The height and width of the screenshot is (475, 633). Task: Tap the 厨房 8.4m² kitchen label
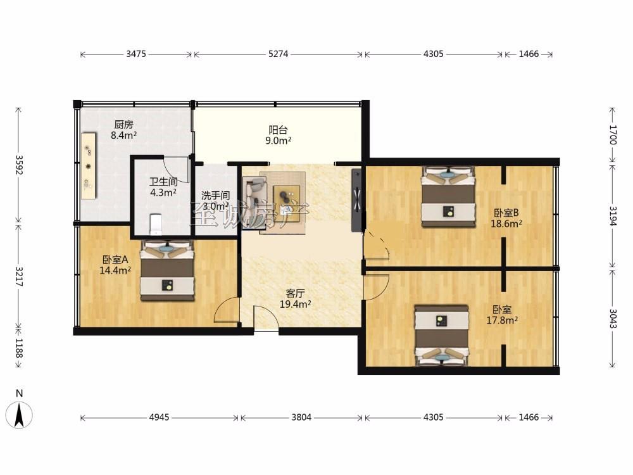pos(123,130)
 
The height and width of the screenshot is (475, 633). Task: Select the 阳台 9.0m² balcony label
pos(279,136)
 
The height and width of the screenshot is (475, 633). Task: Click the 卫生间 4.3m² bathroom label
pos(163,187)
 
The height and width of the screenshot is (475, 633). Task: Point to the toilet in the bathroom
pos(156,224)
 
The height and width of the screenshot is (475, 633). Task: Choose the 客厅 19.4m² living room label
pos(295,299)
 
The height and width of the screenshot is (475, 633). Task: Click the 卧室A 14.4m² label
pos(115,265)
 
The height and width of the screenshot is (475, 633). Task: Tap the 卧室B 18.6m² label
pos(506,218)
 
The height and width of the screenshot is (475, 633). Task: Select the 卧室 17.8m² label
pos(502,315)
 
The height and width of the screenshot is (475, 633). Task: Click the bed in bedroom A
pos(167,270)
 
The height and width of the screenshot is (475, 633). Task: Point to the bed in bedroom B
pos(448,197)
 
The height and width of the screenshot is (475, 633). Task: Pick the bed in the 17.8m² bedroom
pos(442,336)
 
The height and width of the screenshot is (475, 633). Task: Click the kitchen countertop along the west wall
pos(89,165)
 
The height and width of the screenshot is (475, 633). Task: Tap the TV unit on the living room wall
pos(356,200)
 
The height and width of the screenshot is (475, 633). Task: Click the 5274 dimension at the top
pos(278,54)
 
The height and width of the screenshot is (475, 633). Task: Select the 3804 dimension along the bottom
pos(301,417)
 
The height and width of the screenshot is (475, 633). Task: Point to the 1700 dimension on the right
pos(613,135)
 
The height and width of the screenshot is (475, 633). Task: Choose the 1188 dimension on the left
pos(19,348)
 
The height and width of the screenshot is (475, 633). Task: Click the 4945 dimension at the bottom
pos(159,417)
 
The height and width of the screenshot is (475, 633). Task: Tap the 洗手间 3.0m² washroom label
pos(216,201)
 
